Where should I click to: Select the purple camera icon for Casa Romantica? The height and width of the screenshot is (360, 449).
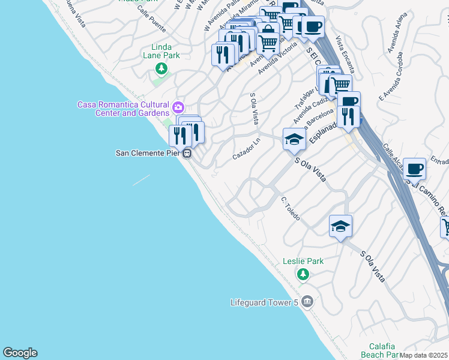click(x=178, y=108)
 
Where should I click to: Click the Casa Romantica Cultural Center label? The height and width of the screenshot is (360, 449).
click(x=124, y=109)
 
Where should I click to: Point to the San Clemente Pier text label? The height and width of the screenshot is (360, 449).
click(x=148, y=153)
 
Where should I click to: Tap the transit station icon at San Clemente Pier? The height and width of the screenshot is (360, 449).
click(x=187, y=153)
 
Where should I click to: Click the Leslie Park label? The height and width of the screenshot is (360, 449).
click(x=303, y=261)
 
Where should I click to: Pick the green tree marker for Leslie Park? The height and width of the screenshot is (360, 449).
click(x=303, y=274)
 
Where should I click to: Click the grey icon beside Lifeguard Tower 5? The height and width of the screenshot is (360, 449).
click(x=307, y=301)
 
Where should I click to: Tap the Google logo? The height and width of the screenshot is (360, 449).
click(x=20, y=353)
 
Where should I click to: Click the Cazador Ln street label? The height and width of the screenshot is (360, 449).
click(x=247, y=151)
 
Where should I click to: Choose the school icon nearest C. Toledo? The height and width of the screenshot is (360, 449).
click(x=340, y=227)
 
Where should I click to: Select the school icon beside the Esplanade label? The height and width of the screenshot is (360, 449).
click(x=294, y=140)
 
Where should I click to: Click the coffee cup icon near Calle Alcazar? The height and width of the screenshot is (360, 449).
click(x=414, y=169)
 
